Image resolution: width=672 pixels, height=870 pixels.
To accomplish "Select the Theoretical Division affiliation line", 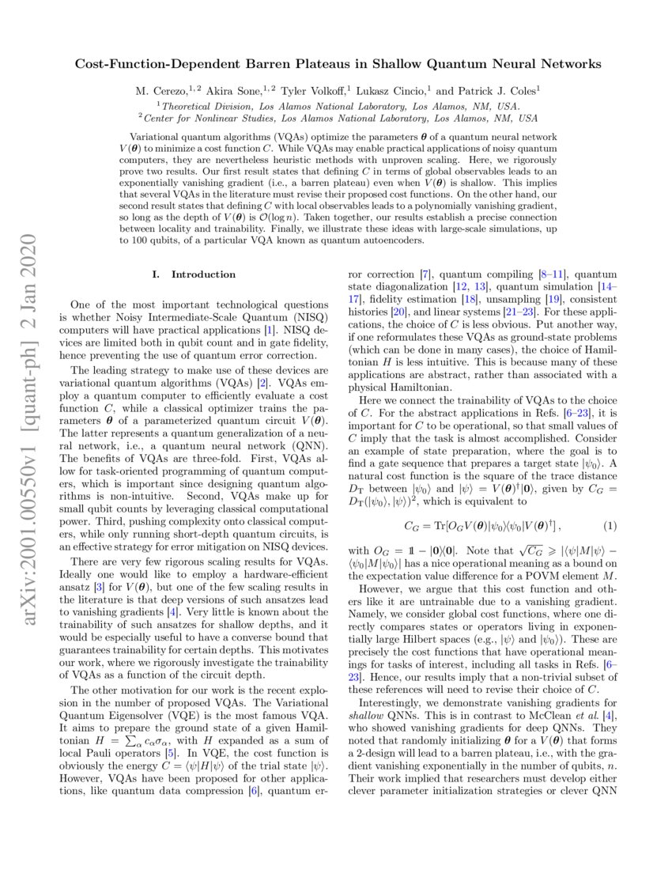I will [337, 105].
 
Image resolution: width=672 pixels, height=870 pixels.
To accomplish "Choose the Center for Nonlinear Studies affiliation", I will [337, 119].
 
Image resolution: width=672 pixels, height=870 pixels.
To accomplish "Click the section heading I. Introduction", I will [193, 274].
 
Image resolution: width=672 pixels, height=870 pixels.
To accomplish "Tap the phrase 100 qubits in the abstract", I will [159, 240].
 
